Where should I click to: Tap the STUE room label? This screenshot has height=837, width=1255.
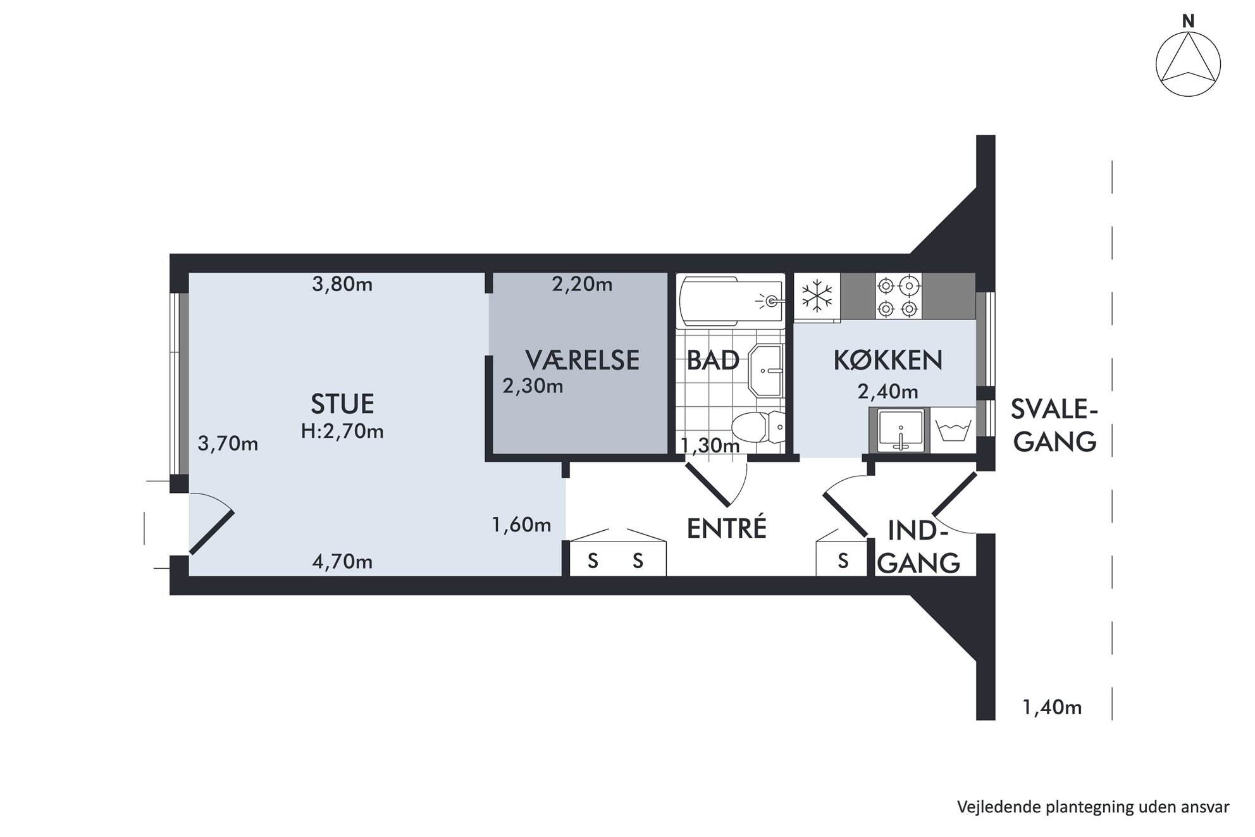tap(342, 404)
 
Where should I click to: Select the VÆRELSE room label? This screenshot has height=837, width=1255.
tap(582, 360)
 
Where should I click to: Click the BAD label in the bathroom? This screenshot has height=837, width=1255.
tap(713, 361)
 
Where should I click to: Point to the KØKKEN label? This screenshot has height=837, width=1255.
tap(887, 360)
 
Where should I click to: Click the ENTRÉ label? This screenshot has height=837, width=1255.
tap(727, 528)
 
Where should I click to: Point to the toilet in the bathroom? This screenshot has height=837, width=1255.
tap(759, 427)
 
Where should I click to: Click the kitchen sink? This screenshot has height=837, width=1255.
tap(901, 430)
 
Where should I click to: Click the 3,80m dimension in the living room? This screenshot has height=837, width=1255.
tap(342, 285)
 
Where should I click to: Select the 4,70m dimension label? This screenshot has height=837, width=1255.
tap(342, 561)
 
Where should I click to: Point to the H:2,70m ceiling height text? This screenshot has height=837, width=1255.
tap(342, 431)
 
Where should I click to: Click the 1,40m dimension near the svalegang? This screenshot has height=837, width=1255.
tap(1052, 707)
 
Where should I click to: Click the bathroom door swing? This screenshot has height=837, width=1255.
tap(717, 484)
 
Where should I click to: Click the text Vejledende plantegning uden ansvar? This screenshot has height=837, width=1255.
tap(1093, 807)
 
